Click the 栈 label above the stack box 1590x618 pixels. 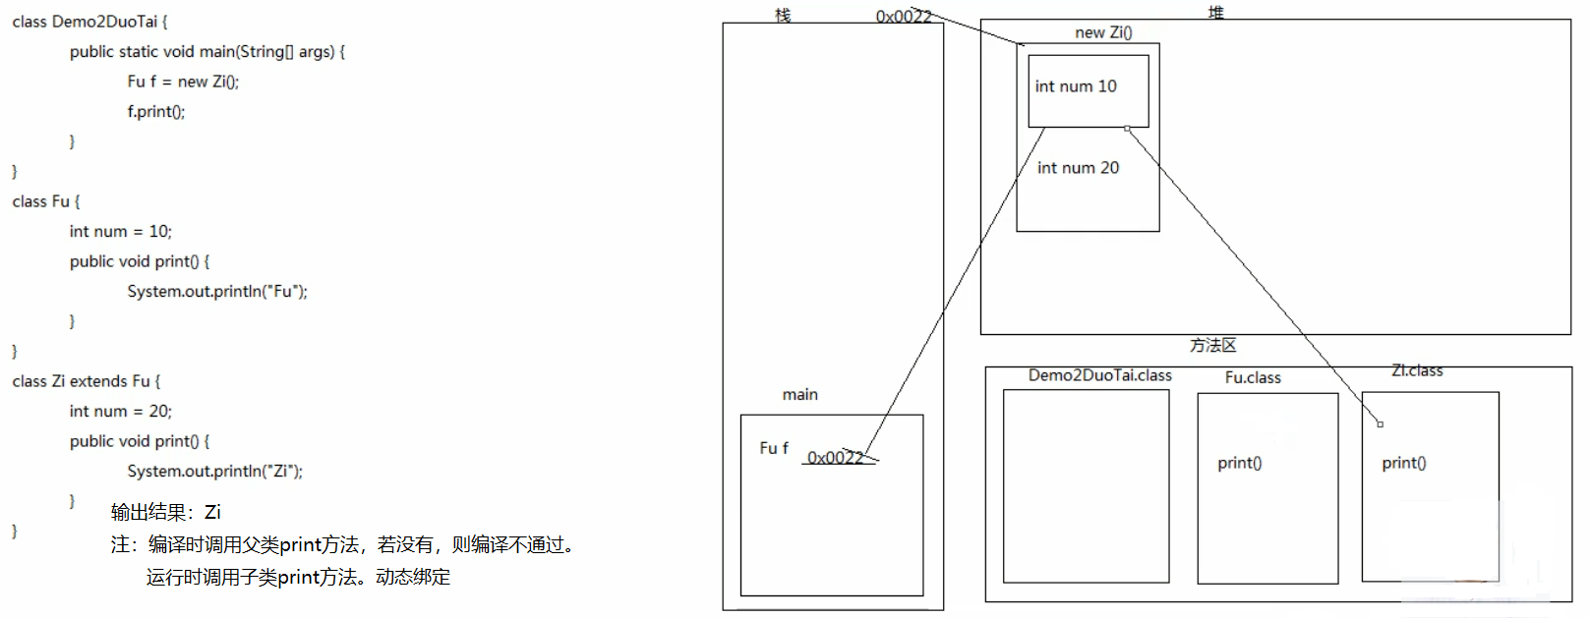tap(783, 15)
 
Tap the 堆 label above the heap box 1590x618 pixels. tap(1216, 12)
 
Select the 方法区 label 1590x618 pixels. tap(1212, 345)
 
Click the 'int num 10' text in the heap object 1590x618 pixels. tap(1076, 86)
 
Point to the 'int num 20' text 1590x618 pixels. tap(1078, 168)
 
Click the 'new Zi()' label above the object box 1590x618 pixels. tap(1103, 32)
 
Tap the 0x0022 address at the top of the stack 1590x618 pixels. tap(903, 16)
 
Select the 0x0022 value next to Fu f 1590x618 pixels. tap(836, 457)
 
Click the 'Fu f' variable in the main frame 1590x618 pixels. tap(774, 448)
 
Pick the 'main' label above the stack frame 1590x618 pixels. tap(799, 394)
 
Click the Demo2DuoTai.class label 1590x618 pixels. tap(1099, 375)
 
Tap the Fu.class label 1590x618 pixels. tap(1253, 377)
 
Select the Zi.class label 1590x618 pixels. tap(1417, 370)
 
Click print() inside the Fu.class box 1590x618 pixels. tap(1239, 463)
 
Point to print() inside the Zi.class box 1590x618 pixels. tap(1403, 463)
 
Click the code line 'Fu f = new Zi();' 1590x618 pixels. tap(183, 82)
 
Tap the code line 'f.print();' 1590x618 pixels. tap(155, 111)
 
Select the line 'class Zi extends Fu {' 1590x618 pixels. tap(86, 381)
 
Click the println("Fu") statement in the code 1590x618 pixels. tap(217, 291)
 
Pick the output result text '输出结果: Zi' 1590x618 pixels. tap(165, 512)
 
